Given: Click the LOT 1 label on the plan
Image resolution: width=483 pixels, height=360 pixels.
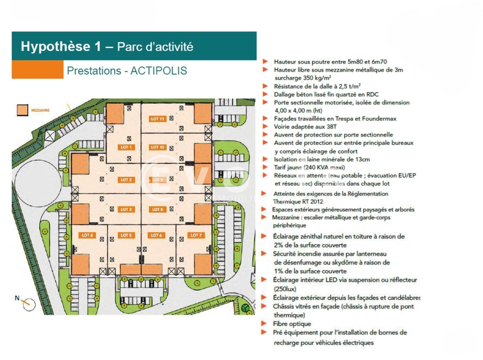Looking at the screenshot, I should point(126,148).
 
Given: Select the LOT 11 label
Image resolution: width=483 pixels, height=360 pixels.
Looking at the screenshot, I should point(158,119).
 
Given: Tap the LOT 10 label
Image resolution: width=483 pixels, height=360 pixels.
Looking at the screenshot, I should point(158,148).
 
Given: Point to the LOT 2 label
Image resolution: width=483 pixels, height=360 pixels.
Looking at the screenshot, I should point(126,180).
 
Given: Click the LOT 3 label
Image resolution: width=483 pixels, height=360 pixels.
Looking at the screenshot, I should point(126,209).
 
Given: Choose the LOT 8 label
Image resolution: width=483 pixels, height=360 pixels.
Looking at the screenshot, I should point(158,209).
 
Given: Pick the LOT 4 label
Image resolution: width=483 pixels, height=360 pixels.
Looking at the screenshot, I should point(87,235).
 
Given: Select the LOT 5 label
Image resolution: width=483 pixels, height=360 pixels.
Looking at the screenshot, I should point(126,235).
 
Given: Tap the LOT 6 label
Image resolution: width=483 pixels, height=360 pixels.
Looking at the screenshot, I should point(156,235).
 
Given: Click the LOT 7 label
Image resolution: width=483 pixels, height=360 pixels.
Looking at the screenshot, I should point(196,235).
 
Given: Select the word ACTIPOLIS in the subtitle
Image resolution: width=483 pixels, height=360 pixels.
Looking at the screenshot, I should point(159,71).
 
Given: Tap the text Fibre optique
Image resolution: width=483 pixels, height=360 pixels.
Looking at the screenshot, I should point(292,324).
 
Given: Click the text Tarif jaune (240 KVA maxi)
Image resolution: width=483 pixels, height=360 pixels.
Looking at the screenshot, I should point(309,167).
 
